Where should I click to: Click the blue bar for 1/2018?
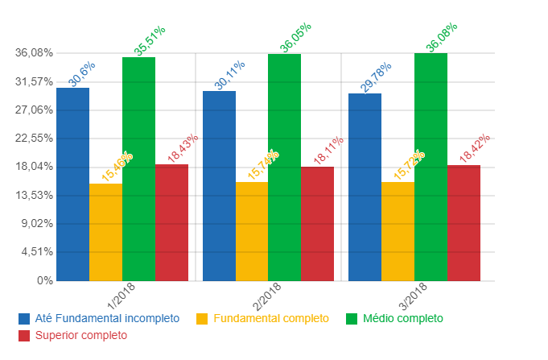(72, 184)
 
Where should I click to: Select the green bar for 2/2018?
(284, 168)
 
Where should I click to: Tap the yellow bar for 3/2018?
(398, 231)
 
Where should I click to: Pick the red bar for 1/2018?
(171, 222)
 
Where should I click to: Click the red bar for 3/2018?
(464, 223)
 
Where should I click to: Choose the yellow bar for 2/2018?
(252, 231)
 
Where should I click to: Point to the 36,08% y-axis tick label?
(34, 53)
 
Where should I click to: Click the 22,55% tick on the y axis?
(34, 139)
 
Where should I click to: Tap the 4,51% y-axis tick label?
(37, 252)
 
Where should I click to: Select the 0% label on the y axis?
(43, 281)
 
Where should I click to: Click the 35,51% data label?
(150, 41)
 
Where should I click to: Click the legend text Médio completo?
(402, 318)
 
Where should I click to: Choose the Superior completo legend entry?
(83, 335)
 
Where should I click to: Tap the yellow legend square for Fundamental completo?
(201, 318)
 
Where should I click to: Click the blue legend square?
(23, 318)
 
